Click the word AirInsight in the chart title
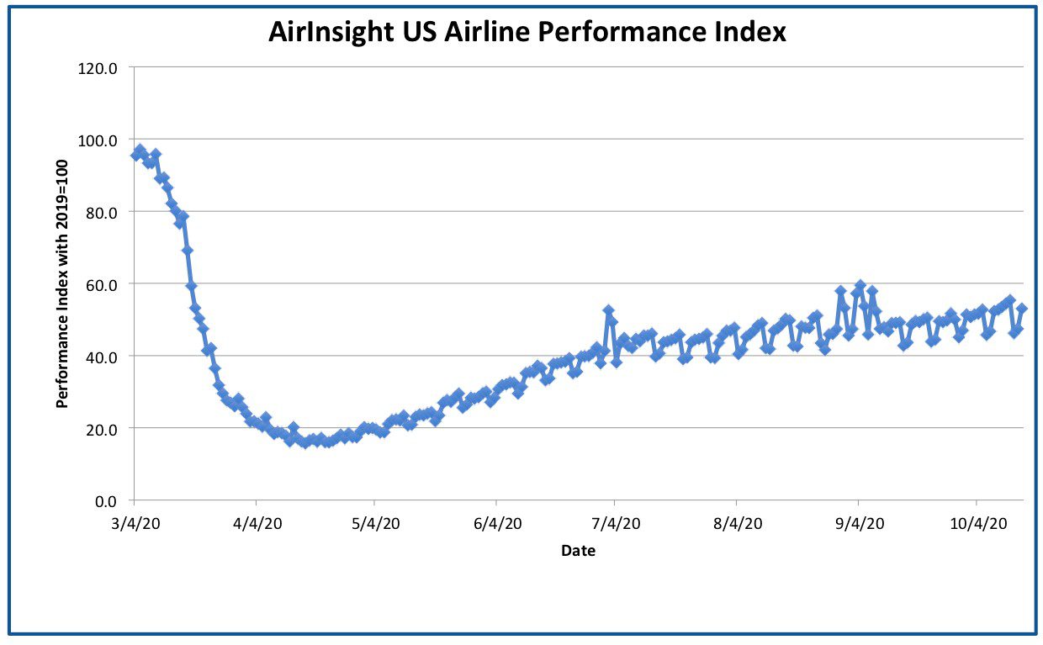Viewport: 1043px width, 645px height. click(331, 33)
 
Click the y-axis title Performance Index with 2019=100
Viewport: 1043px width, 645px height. click(62, 284)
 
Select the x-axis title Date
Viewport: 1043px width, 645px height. click(579, 551)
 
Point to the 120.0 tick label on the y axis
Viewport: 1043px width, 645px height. click(98, 68)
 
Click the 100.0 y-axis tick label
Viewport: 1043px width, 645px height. click(98, 140)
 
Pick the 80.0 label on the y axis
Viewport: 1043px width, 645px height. click(102, 213)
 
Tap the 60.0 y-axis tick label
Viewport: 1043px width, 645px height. click(102, 285)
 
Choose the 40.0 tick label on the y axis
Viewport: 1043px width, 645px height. click(102, 357)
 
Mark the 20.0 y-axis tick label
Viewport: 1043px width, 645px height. click(102, 429)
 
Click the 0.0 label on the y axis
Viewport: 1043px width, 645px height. click(106, 501)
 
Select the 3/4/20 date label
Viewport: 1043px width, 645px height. click(135, 524)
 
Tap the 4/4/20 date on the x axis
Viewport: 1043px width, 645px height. click(257, 524)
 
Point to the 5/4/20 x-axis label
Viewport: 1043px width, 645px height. click(376, 524)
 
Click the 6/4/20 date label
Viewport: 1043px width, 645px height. click(498, 524)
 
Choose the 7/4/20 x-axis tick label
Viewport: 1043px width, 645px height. click(616, 524)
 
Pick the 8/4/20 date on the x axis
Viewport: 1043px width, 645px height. click(738, 524)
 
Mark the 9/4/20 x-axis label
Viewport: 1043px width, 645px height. click(860, 524)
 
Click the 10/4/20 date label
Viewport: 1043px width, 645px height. click(978, 524)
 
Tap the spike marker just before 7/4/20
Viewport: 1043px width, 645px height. click(608, 310)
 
